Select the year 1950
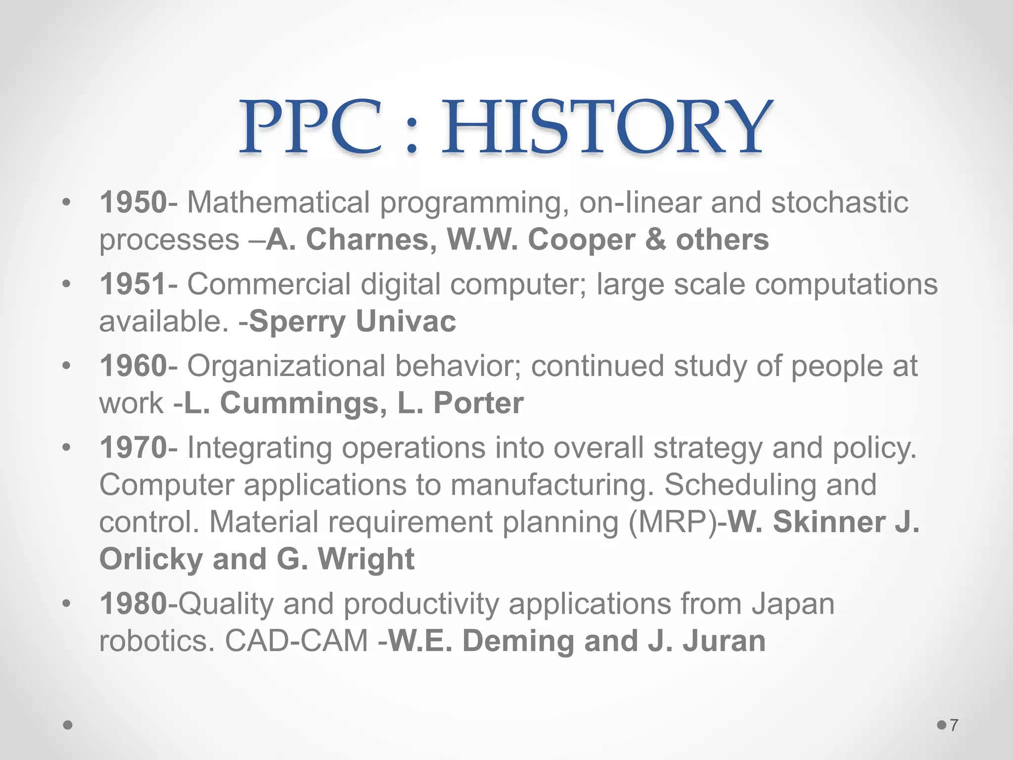tap(133, 202)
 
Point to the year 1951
tap(133, 284)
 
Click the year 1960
tap(133, 366)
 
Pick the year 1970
tap(133, 448)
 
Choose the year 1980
tap(133, 604)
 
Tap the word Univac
tap(406, 322)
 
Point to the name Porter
tap(478, 403)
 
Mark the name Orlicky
tap(151, 559)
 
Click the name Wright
tap(366, 559)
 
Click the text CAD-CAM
tap(296, 641)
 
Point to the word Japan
tap(793, 604)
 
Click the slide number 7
tap(954, 725)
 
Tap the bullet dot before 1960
tap(67, 367)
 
